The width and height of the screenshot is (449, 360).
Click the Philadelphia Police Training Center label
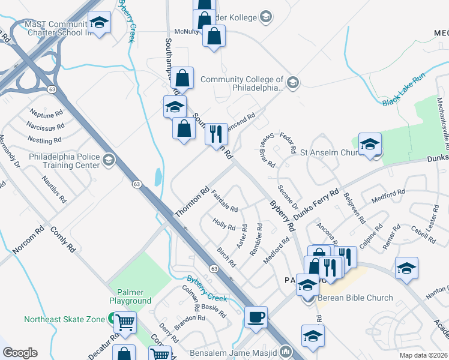(64, 160)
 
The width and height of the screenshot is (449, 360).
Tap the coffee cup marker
(256, 317)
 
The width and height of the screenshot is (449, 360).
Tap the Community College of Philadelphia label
(242, 83)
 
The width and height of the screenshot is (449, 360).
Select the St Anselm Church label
(328, 152)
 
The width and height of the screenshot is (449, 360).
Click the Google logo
(20, 352)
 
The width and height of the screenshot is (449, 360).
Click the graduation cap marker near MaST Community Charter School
(100, 23)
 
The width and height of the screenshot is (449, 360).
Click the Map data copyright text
(424, 355)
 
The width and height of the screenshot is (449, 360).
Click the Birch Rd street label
(226, 256)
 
